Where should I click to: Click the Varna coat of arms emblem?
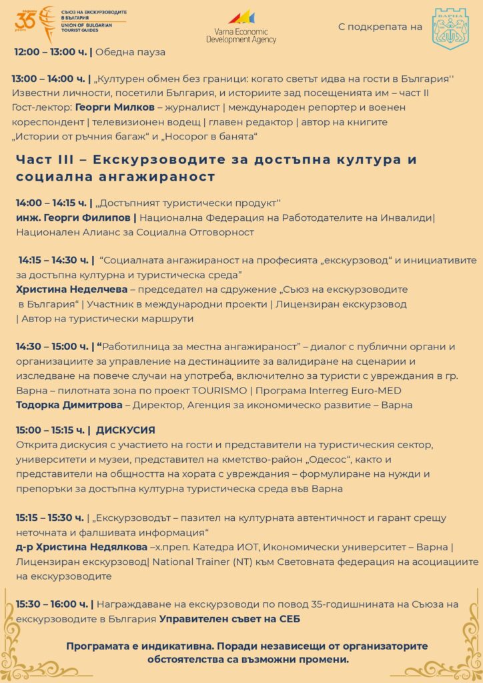click(450, 27)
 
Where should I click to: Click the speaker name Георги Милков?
click(110, 107)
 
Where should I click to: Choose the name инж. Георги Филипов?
click(75, 217)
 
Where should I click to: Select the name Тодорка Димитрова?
click(69, 405)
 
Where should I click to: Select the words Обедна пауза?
click(129, 52)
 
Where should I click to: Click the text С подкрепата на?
click(380, 27)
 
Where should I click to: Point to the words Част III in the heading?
click(47, 160)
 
